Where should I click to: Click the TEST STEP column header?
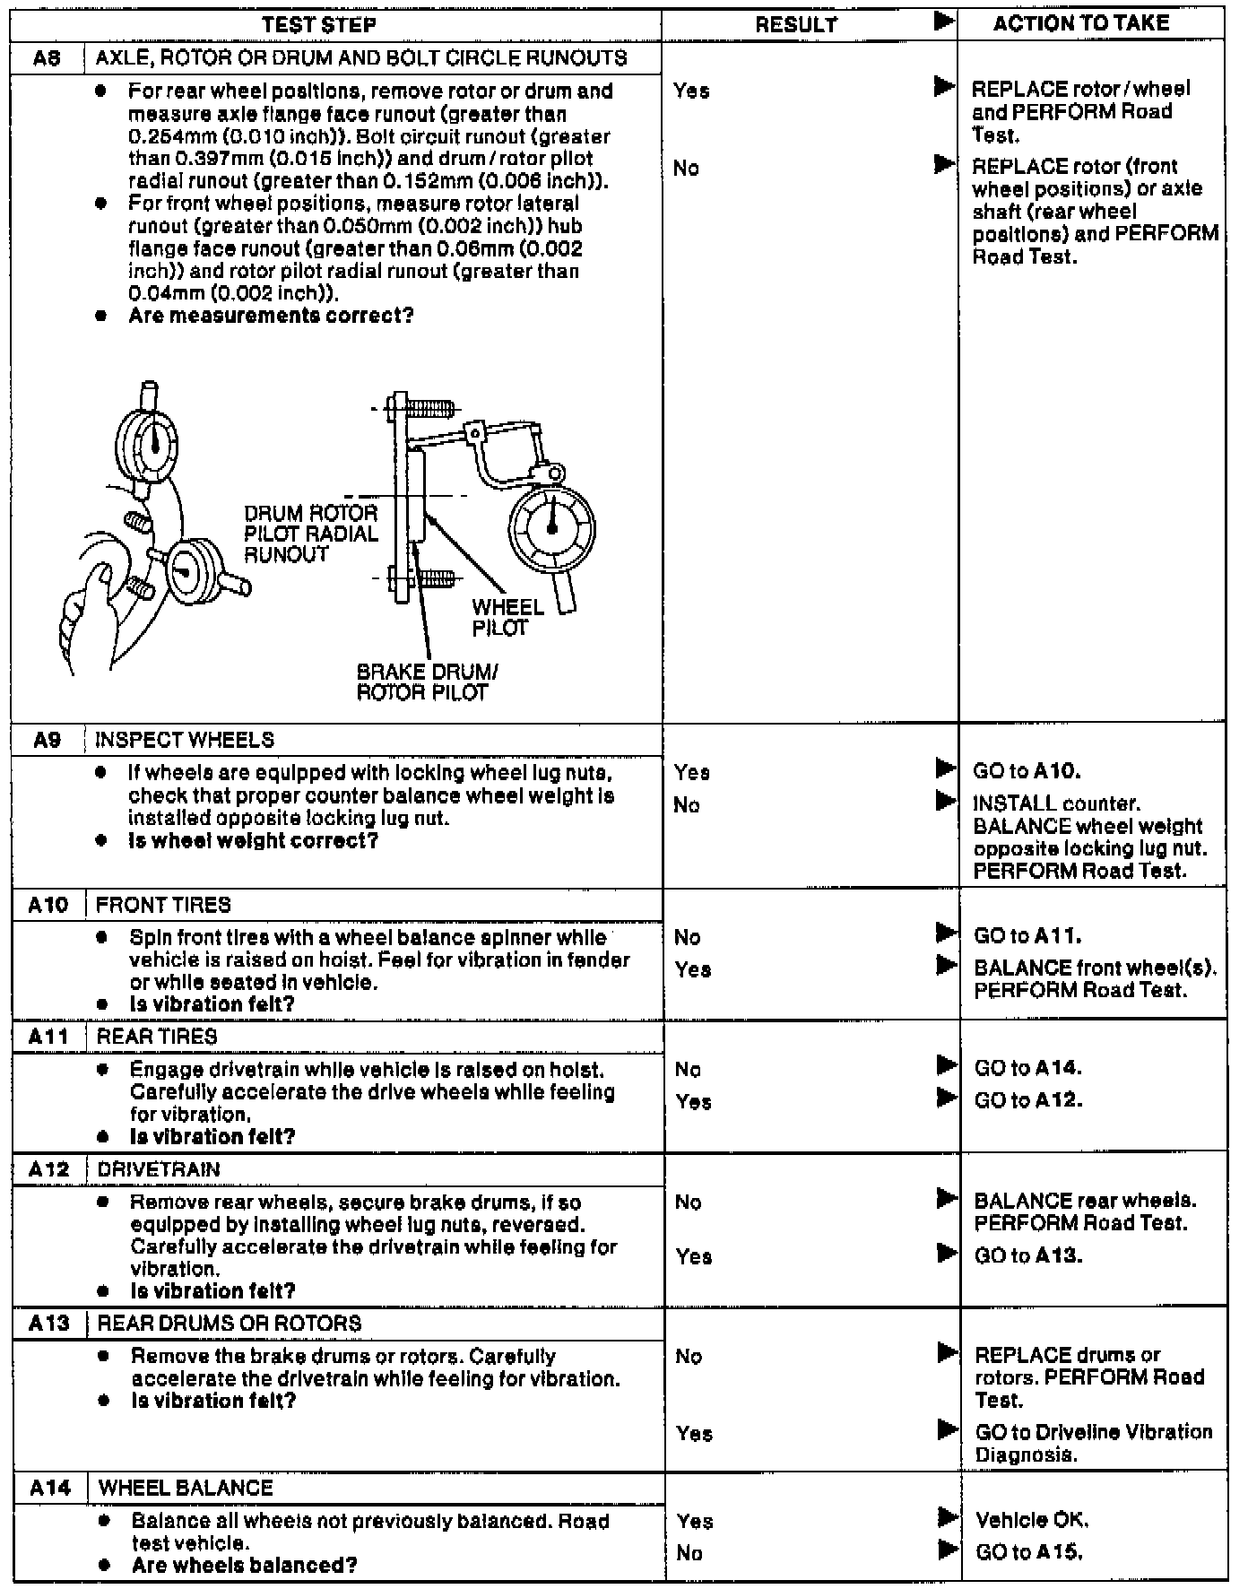[x=318, y=25]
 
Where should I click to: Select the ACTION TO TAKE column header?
[x=1080, y=23]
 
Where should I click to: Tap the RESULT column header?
[x=795, y=25]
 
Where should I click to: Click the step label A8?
[x=47, y=58]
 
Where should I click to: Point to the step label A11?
[x=48, y=1037]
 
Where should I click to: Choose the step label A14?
[x=49, y=1488]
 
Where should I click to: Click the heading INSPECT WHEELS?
[x=185, y=740]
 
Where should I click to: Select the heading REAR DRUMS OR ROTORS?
[x=230, y=1323]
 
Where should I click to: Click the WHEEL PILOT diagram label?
[x=507, y=617]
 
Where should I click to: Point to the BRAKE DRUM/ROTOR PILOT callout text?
[x=427, y=682]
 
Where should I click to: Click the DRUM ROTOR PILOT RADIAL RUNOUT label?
[x=310, y=534]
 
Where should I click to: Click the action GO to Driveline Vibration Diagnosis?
[x=1093, y=1443]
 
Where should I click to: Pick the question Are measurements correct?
[x=271, y=316]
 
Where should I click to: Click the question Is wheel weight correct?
[x=253, y=840]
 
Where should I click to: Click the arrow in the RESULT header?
[x=944, y=22]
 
